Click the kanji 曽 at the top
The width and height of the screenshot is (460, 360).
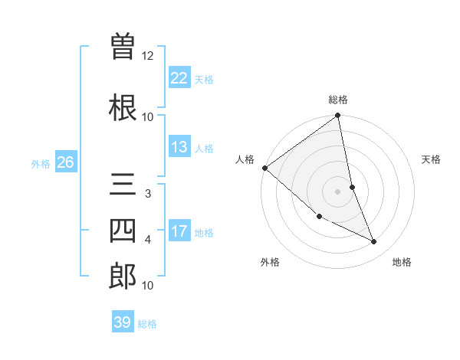pyautogui.click(x=123, y=47)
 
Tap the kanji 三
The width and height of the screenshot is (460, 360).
pyautogui.click(x=123, y=185)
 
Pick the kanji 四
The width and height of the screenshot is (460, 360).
pyautogui.click(x=123, y=231)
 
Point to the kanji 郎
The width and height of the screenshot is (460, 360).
pyautogui.click(x=123, y=277)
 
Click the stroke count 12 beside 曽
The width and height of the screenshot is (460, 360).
pyautogui.click(x=148, y=56)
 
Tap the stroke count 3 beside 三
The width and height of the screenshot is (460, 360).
pyautogui.click(x=148, y=194)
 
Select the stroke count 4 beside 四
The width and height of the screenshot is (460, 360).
pyautogui.click(x=148, y=240)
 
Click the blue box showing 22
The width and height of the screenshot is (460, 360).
pyautogui.click(x=179, y=77)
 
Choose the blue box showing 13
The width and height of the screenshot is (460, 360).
pyautogui.click(x=179, y=147)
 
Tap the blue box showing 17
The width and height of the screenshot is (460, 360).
pyautogui.click(x=179, y=231)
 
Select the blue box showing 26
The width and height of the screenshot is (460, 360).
pyautogui.click(x=65, y=162)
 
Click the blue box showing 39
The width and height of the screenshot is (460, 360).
pyautogui.click(x=123, y=322)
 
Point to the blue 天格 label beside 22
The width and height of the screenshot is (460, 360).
pyautogui.click(x=204, y=79)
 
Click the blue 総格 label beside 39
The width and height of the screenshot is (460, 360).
pyautogui.click(x=148, y=324)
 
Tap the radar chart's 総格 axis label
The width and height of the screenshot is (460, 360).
pyautogui.click(x=338, y=100)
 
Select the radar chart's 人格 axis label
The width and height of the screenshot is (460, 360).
pyautogui.click(x=245, y=159)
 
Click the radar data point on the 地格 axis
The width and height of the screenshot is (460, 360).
pyautogui.click(x=374, y=241)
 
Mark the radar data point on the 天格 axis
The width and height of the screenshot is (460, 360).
pyautogui.click(x=352, y=187)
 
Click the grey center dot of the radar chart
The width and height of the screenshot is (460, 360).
pyautogui.click(x=338, y=191)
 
